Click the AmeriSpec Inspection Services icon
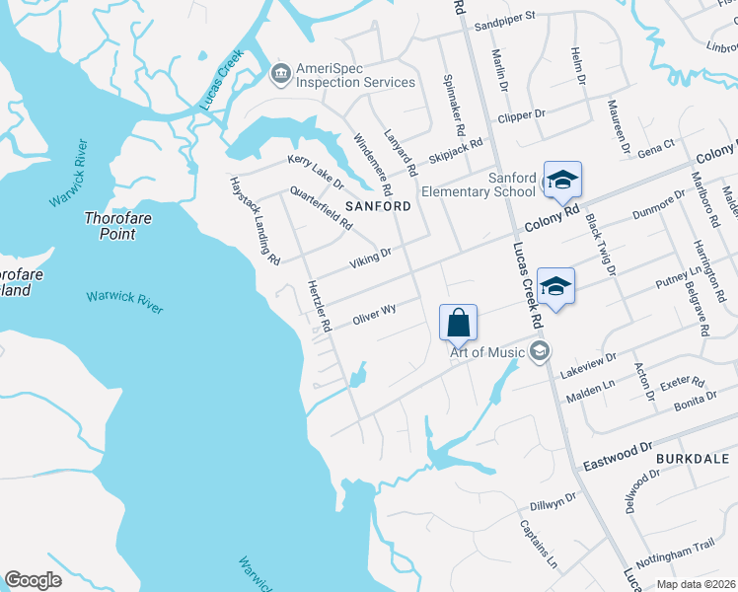pyautogui.click(x=280, y=73)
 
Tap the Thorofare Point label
pyautogui.click(x=117, y=226)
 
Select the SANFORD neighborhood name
pyautogui.click(x=378, y=206)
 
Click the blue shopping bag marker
pyautogui.click(x=459, y=323)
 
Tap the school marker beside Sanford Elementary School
pyautogui.click(x=562, y=180)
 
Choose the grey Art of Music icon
pyautogui.click(x=539, y=350)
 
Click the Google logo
pyautogui.click(x=34, y=580)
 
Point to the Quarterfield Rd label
pyautogui.click(x=321, y=208)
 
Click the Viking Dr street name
pyautogui.click(x=371, y=259)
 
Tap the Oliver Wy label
pyautogui.click(x=374, y=316)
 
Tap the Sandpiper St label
pyautogui.click(x=503, y=16)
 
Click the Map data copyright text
pyautogui.click(x=695, y=584)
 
